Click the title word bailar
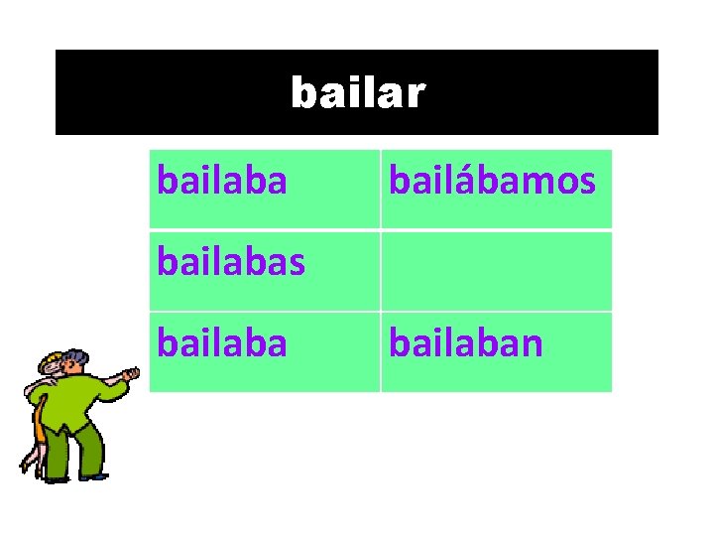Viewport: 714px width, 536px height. click(357, 93)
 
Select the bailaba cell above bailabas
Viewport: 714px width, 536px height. click(223, 181)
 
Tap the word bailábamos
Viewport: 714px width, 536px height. click(492, 181)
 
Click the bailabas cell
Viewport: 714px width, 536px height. click(231, 264)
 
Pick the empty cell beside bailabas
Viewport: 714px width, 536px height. click(496, 271)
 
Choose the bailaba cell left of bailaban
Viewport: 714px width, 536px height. click(223, 343)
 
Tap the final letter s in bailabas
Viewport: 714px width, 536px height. click(296, 264)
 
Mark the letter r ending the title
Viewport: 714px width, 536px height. click(416, 94)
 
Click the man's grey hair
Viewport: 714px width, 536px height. click(77, 354)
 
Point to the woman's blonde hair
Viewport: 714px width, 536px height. click(52, 358)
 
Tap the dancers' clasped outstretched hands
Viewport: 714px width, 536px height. click(130, 374)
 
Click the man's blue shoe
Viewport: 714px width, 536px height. click(94, 477)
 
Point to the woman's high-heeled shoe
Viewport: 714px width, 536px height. click(27, 464)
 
